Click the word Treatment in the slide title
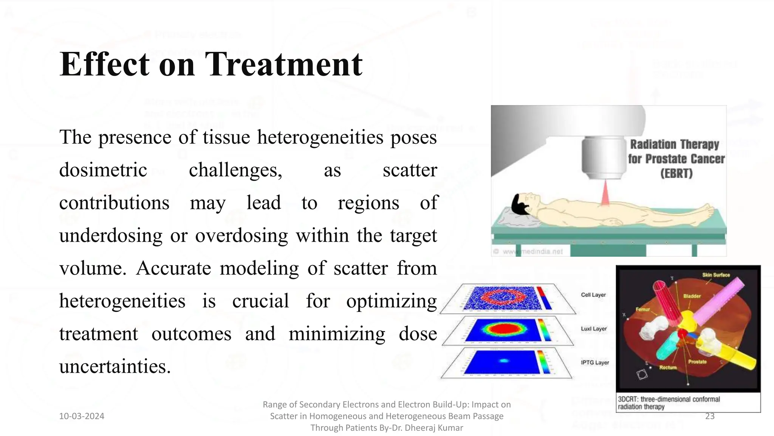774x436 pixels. (x=283, y=64)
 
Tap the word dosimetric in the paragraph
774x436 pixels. (x=103, y=170)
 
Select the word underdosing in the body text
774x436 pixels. (x=110, y=235)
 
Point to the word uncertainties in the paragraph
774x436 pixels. (x=115, y=366)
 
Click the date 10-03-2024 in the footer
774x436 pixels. (x=82, y=416)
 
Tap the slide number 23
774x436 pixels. (x=710, y=416)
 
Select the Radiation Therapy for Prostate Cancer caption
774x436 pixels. (x=676, y=159)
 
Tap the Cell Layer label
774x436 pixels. (x=593, y=295)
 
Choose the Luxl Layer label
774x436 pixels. (x=593, y=329)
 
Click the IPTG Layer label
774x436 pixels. (x=594, y=362)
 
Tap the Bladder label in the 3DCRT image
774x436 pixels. (x=692, y=296)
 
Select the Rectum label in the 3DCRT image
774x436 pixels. (x=668, y=367)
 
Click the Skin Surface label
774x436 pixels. (x=716, y=275)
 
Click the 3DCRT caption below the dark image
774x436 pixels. (x=669, y=403)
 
